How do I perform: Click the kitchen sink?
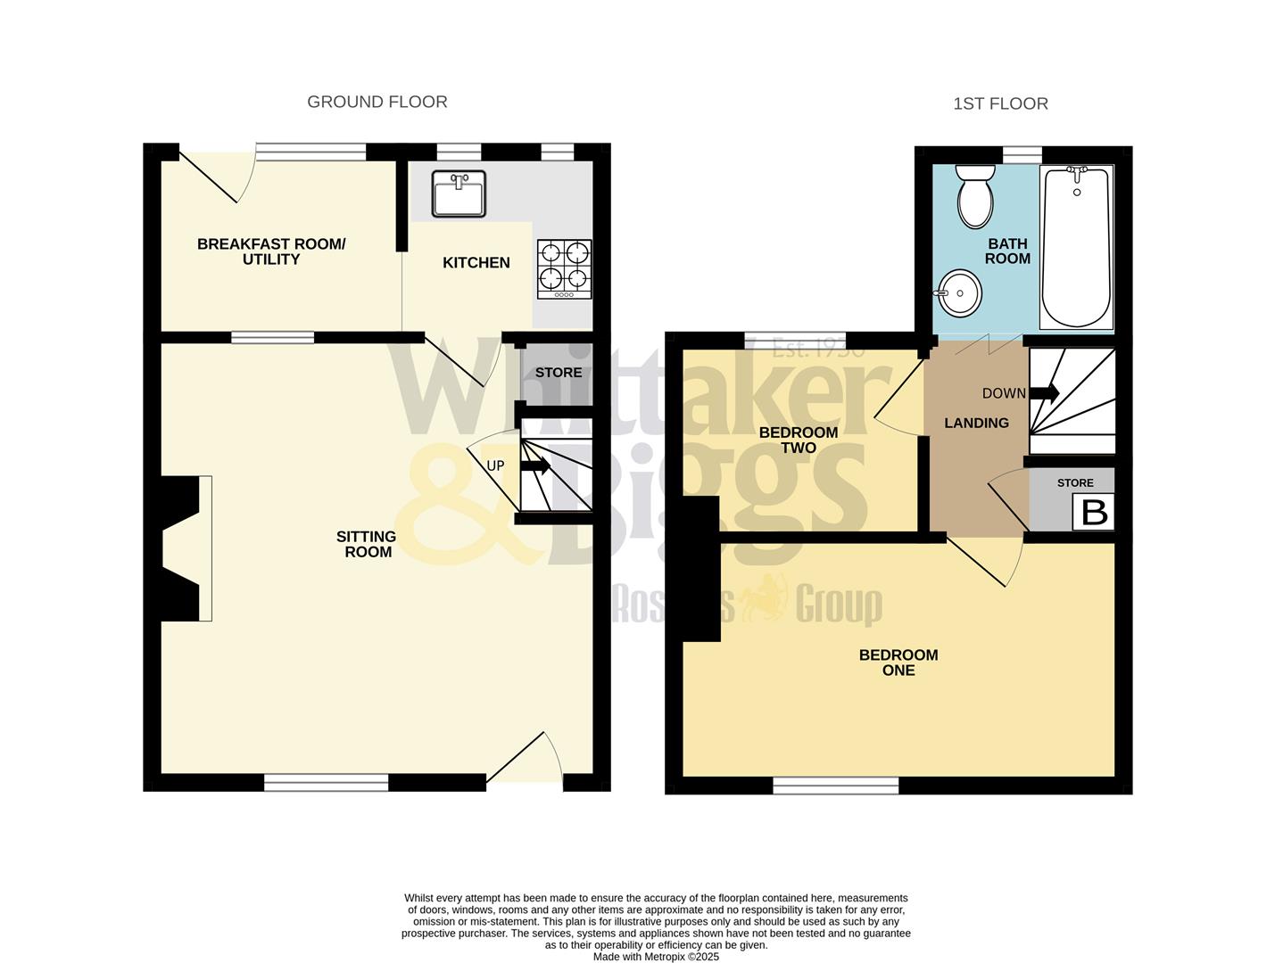pyautogui.click(x=459, y=193)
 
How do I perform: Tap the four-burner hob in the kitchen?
pyautogui.click(x=564, y=269)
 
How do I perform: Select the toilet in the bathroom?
pyautogui.click(x=974, y=196)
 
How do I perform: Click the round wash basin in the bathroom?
pyautogui.click(x=958, y=292)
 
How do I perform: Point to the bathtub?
pyautogui.click(x=1076, y=247)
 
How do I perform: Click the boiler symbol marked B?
pyautogui.click(x=1094, y=513)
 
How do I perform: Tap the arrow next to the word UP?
pyautogui.click(x=536, y=465)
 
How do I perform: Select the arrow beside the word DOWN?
pyautogui.click(x=1044, y=392)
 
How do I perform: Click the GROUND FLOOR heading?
pyautogui.click(x=377, y=102)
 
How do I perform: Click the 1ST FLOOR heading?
pyautogui.click(x=1000, y=103)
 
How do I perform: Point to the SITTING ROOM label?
pyautogui.click(x=367, y=544)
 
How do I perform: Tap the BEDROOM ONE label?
pyautogui.click(x=898, y=663)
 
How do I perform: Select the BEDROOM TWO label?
pyautogui.click(x=799, y=440)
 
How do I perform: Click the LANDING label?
pyautogui.click(x=976, y=423)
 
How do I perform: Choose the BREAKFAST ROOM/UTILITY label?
pyautogui.click(x=271, y=251)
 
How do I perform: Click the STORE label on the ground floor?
pyautogui.click(x=559, y=373)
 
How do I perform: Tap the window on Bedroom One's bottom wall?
pyautogui.click(x=835, y=785)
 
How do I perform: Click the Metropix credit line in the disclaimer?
pyautogui.click(x=656, y=957)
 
